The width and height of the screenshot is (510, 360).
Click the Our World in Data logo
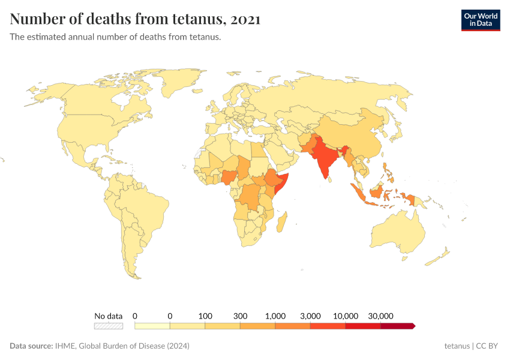(x=480, y=20)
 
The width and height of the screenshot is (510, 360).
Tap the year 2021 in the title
(x=245, y=19)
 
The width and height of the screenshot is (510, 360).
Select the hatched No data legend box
(x=108, y=326)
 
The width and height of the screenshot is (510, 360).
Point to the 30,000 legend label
(x=380, y=316)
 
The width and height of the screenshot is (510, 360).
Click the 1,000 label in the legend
(x=275, y=316)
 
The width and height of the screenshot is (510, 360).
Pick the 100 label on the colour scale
(x=205, y=316)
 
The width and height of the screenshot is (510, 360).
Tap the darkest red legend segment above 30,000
(x=397, y=326)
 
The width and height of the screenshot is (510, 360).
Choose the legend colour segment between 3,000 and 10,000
(x=328, y=326)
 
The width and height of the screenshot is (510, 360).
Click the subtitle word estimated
(x=46, y=37)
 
